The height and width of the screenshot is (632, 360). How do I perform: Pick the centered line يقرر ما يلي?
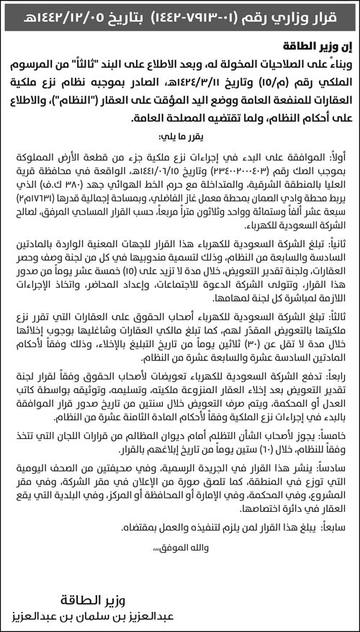point(180,135)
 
